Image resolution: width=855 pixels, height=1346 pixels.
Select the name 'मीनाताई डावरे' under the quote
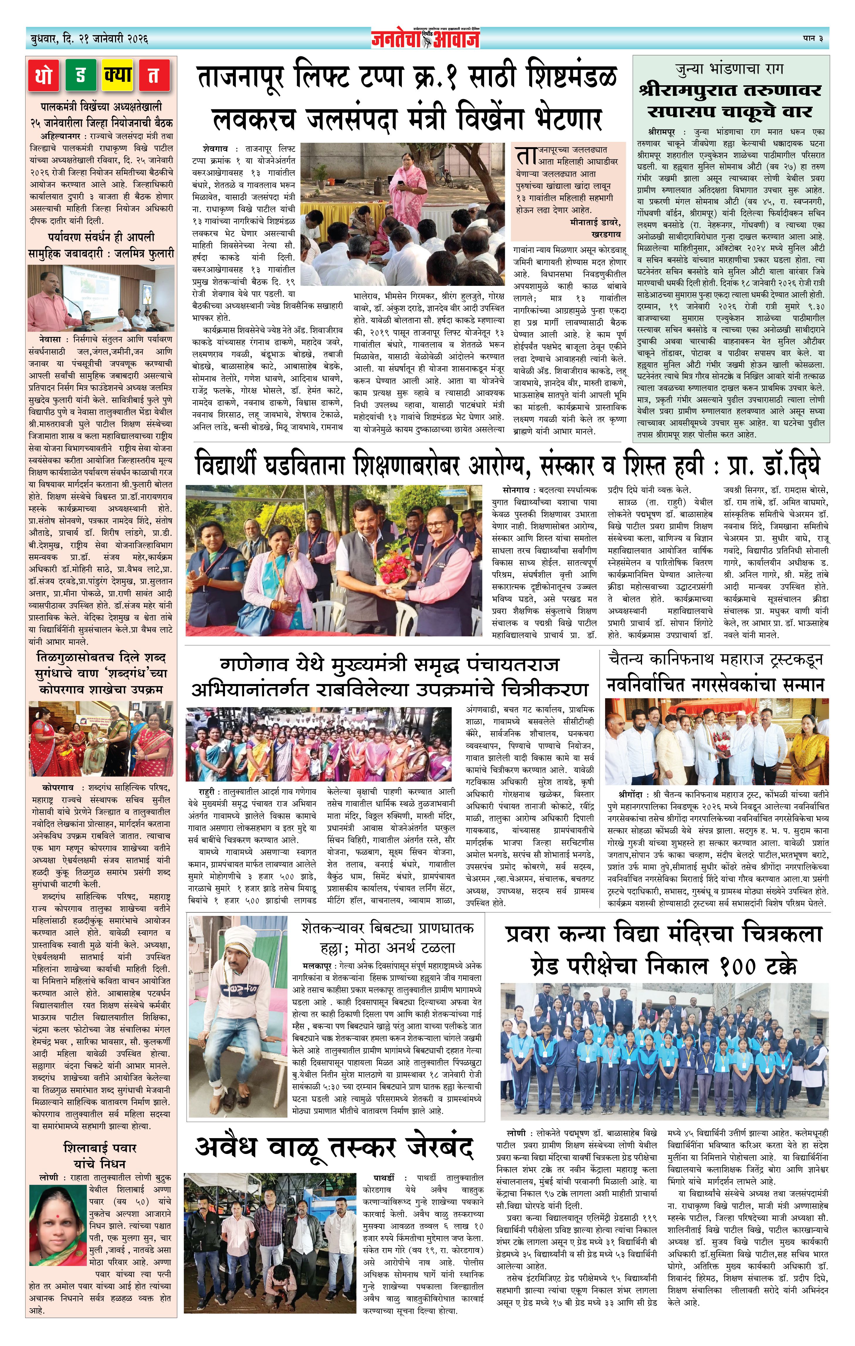point(585,223)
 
